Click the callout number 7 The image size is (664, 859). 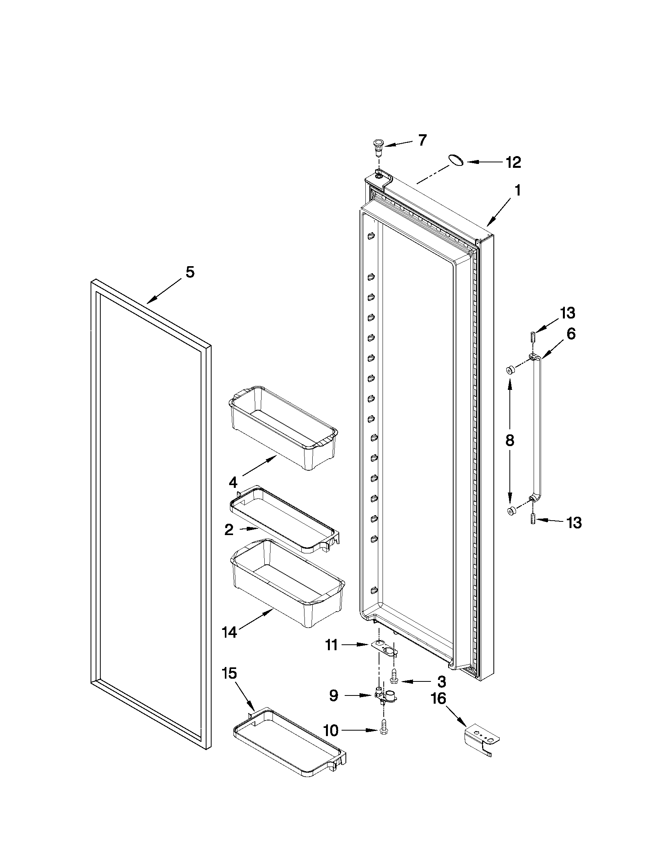pos(422,140)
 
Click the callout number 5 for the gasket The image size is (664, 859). pos(190,272)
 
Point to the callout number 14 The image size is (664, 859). pos(229,633)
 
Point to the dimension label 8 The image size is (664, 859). pos(510,441)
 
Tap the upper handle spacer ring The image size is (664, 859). pos(510,370)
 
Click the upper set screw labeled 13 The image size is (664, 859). pos(532,338)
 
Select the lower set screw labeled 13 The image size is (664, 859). pos(533,519)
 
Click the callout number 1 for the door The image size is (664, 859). pos(518,190)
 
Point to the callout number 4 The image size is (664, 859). pos(233,482)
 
